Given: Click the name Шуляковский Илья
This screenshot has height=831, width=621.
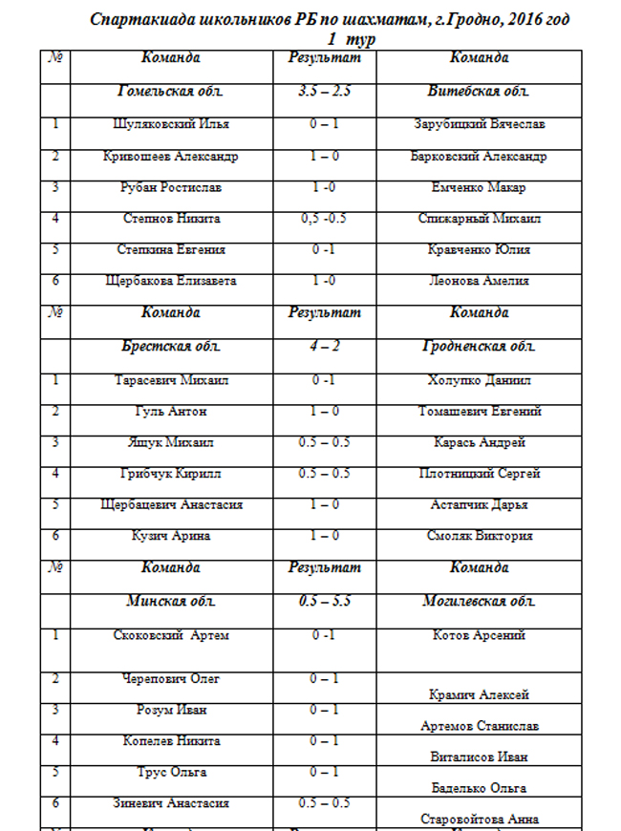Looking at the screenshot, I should (170, 124).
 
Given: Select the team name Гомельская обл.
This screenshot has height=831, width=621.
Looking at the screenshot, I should (170, 92).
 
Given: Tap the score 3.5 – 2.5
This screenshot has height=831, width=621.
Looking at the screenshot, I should (323, 92).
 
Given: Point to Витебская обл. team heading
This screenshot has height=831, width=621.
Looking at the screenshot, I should (479, 92).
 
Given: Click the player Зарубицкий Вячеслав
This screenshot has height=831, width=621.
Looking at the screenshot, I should (479, 124).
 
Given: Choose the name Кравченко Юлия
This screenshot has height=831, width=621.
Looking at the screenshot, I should (479, 250).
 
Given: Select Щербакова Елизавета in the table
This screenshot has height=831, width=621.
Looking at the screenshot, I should (170, 282).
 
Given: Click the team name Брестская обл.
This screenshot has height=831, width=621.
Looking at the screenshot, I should (170, 346).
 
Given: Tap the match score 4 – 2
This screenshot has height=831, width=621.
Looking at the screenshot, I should (323, 346).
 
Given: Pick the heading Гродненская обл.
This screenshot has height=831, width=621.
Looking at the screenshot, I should (479, 346).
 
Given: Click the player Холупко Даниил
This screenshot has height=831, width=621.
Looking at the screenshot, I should (479, 380).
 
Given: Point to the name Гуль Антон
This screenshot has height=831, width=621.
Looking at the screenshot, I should (170, 412).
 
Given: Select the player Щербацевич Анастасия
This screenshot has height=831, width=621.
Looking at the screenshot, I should (170, 505).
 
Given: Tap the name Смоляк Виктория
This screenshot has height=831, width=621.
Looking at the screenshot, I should (479, 537).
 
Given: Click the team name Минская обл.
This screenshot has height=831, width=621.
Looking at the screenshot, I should (170, 602).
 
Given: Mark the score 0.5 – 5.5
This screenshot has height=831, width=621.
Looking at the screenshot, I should (323, 602).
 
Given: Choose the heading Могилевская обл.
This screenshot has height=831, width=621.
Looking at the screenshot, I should (479, 602).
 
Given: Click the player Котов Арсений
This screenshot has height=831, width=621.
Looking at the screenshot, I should (479, 636).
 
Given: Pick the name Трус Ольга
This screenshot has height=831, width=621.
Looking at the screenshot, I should (170, 773).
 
